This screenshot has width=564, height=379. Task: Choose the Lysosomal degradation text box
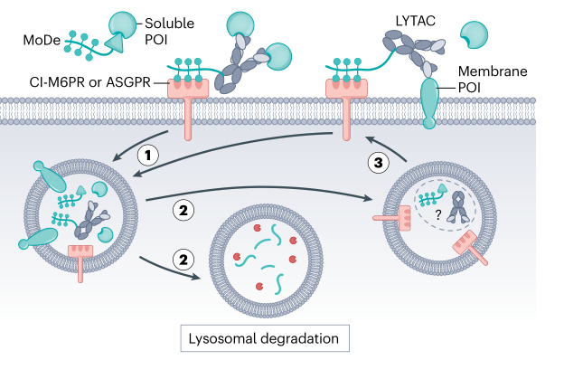(263, 339)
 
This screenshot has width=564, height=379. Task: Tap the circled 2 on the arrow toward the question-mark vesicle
(183, 211)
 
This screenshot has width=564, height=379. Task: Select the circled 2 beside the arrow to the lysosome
(183, 260)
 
